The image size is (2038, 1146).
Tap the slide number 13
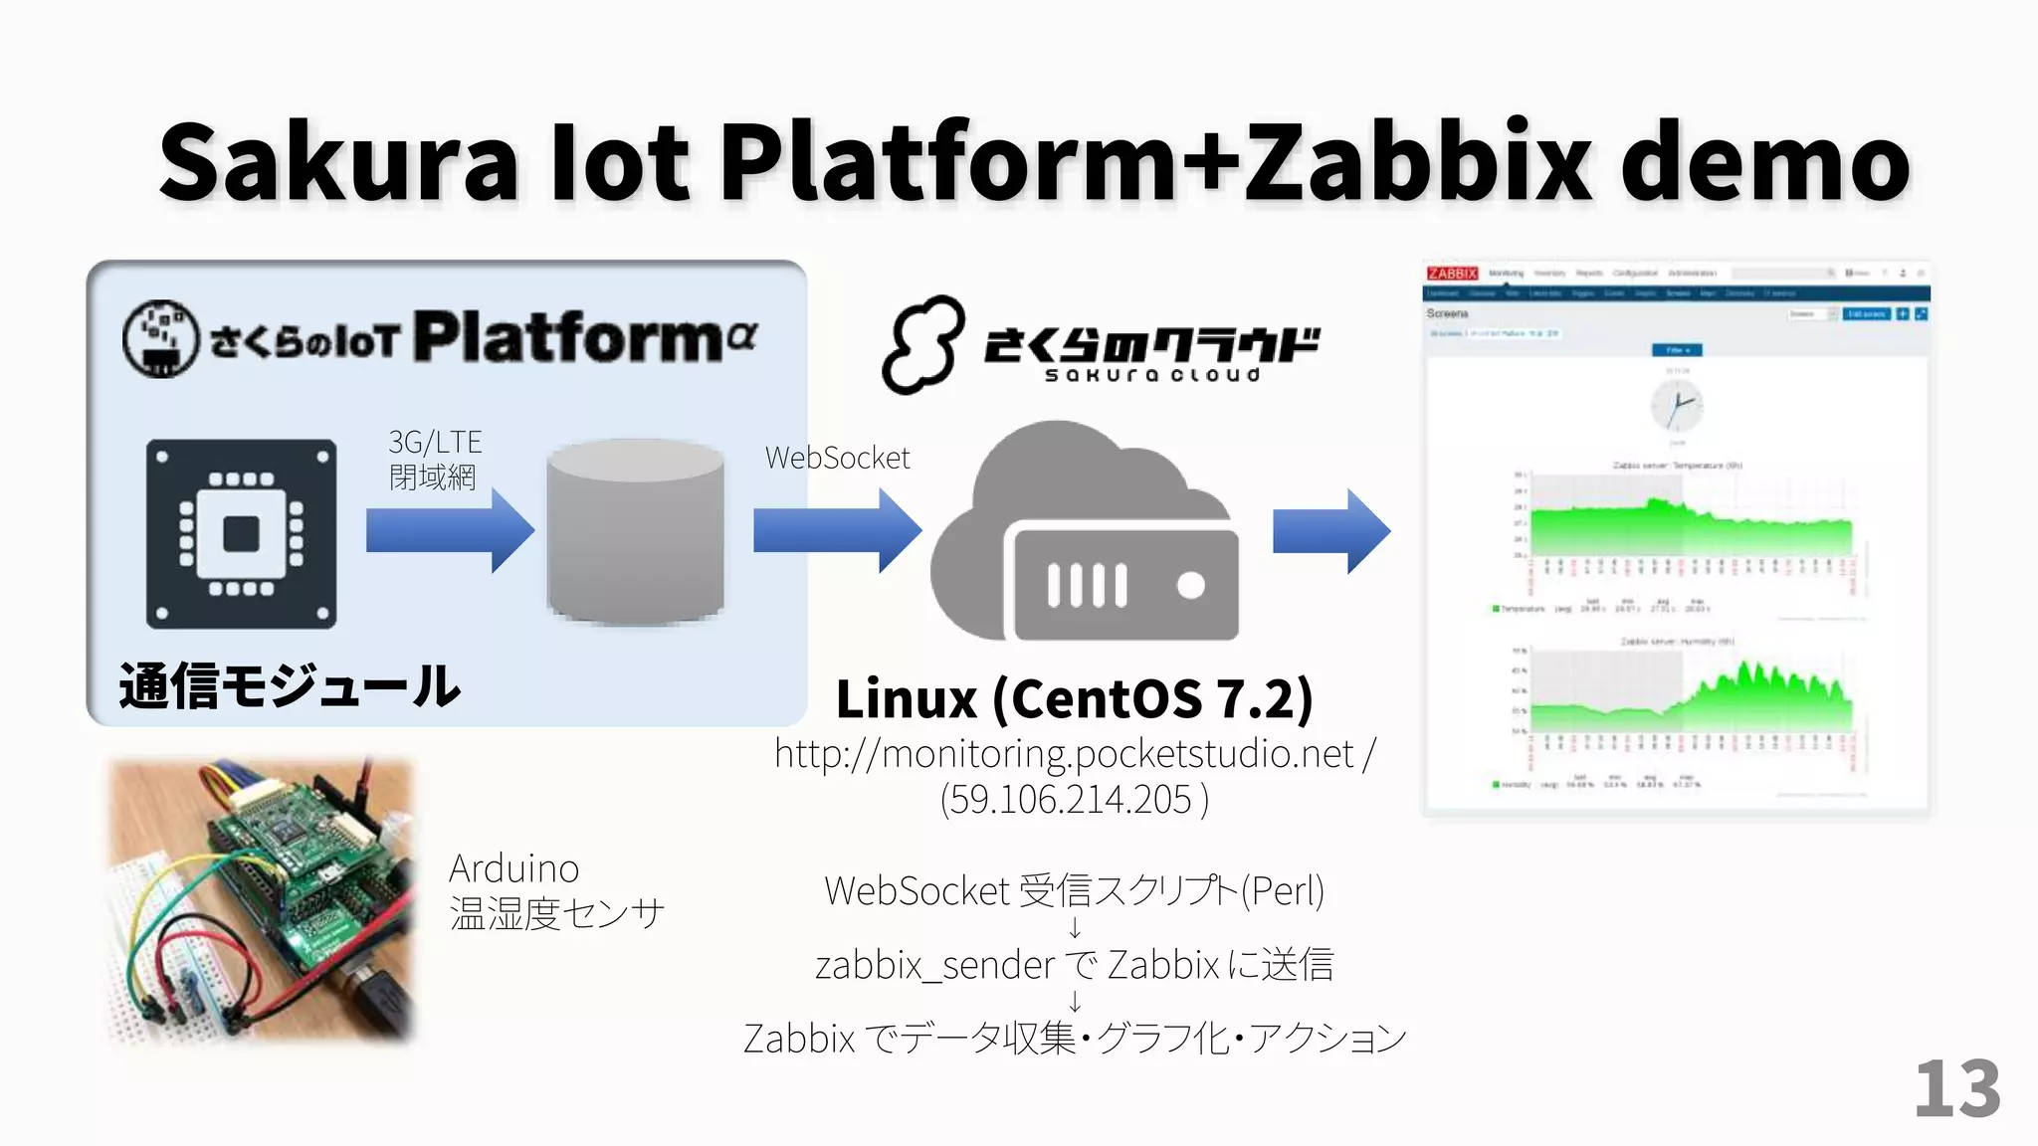coord(1956,1089)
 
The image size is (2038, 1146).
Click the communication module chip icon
coord(241,533)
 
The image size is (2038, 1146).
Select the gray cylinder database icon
coord(635,531)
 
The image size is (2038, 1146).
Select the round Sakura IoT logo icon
coord(160,338)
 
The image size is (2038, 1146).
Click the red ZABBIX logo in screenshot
coord(1452,274)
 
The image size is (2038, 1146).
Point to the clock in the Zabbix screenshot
coord(1677,407)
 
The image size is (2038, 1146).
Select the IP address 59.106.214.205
coord(1073,799)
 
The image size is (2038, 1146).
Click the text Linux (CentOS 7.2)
coord(1075,698)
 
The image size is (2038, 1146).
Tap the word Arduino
coord(513,869)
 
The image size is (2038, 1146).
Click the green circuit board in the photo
coord(299,865)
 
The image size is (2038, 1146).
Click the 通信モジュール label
coord(290,686)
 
